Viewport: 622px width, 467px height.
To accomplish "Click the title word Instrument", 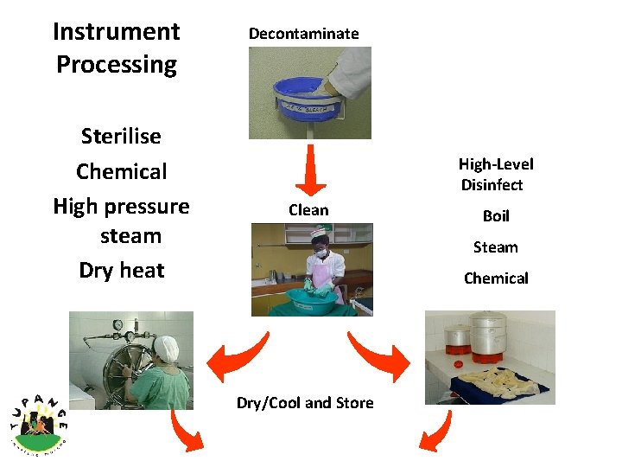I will pyautogui.click(x=116, y=32).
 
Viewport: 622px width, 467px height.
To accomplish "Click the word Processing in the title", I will pyautogui.click(x=116, y=65).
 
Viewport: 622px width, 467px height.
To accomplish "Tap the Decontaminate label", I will pyautogui.click(x=303, y=34).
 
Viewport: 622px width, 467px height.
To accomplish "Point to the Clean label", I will pyautogui.click(x=308, y=210).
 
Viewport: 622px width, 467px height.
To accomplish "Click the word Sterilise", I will pyautogui.click(x=121, y=137).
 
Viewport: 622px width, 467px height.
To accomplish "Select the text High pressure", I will pyautogui.click(x=121, y=207).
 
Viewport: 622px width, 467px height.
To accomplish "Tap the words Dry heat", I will pyautogui.click(x=121, y=271).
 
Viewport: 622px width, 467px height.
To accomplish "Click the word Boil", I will pyautogui.click(x=496, y=216).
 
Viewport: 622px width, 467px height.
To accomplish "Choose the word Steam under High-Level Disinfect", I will pyautogui.click(x=495, y=247).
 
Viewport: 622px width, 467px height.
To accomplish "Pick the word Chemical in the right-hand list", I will pyautogui.click(x=496, y=278).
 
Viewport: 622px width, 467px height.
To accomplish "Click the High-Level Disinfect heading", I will pyautogui.click(x=495, y=174).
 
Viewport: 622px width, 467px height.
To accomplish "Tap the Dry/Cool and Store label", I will pyautogui.click(x=305, y=403).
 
